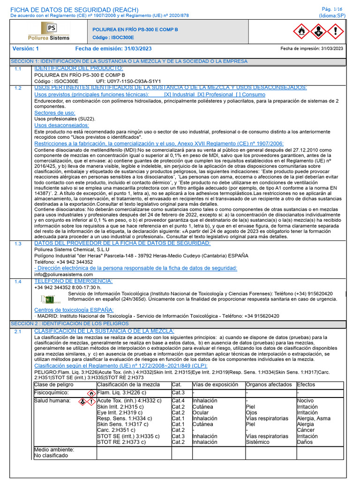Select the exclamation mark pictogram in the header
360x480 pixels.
tap(335, 31)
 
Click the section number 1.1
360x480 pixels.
tap(18, 69)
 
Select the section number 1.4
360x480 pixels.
tap(18, 281)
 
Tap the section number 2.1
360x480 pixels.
tap(18, 332)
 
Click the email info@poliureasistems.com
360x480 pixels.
tap(64, 274)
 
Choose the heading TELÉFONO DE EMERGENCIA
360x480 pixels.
tap(74, 281)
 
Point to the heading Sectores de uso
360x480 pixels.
tap(55, 113)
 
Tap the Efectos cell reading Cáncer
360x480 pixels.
tap(306, 430)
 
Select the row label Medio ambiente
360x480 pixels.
tap(54, 450)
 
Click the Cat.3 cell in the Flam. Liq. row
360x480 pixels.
tap(178, 392)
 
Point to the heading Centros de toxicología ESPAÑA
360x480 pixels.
tap(74, 310)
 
